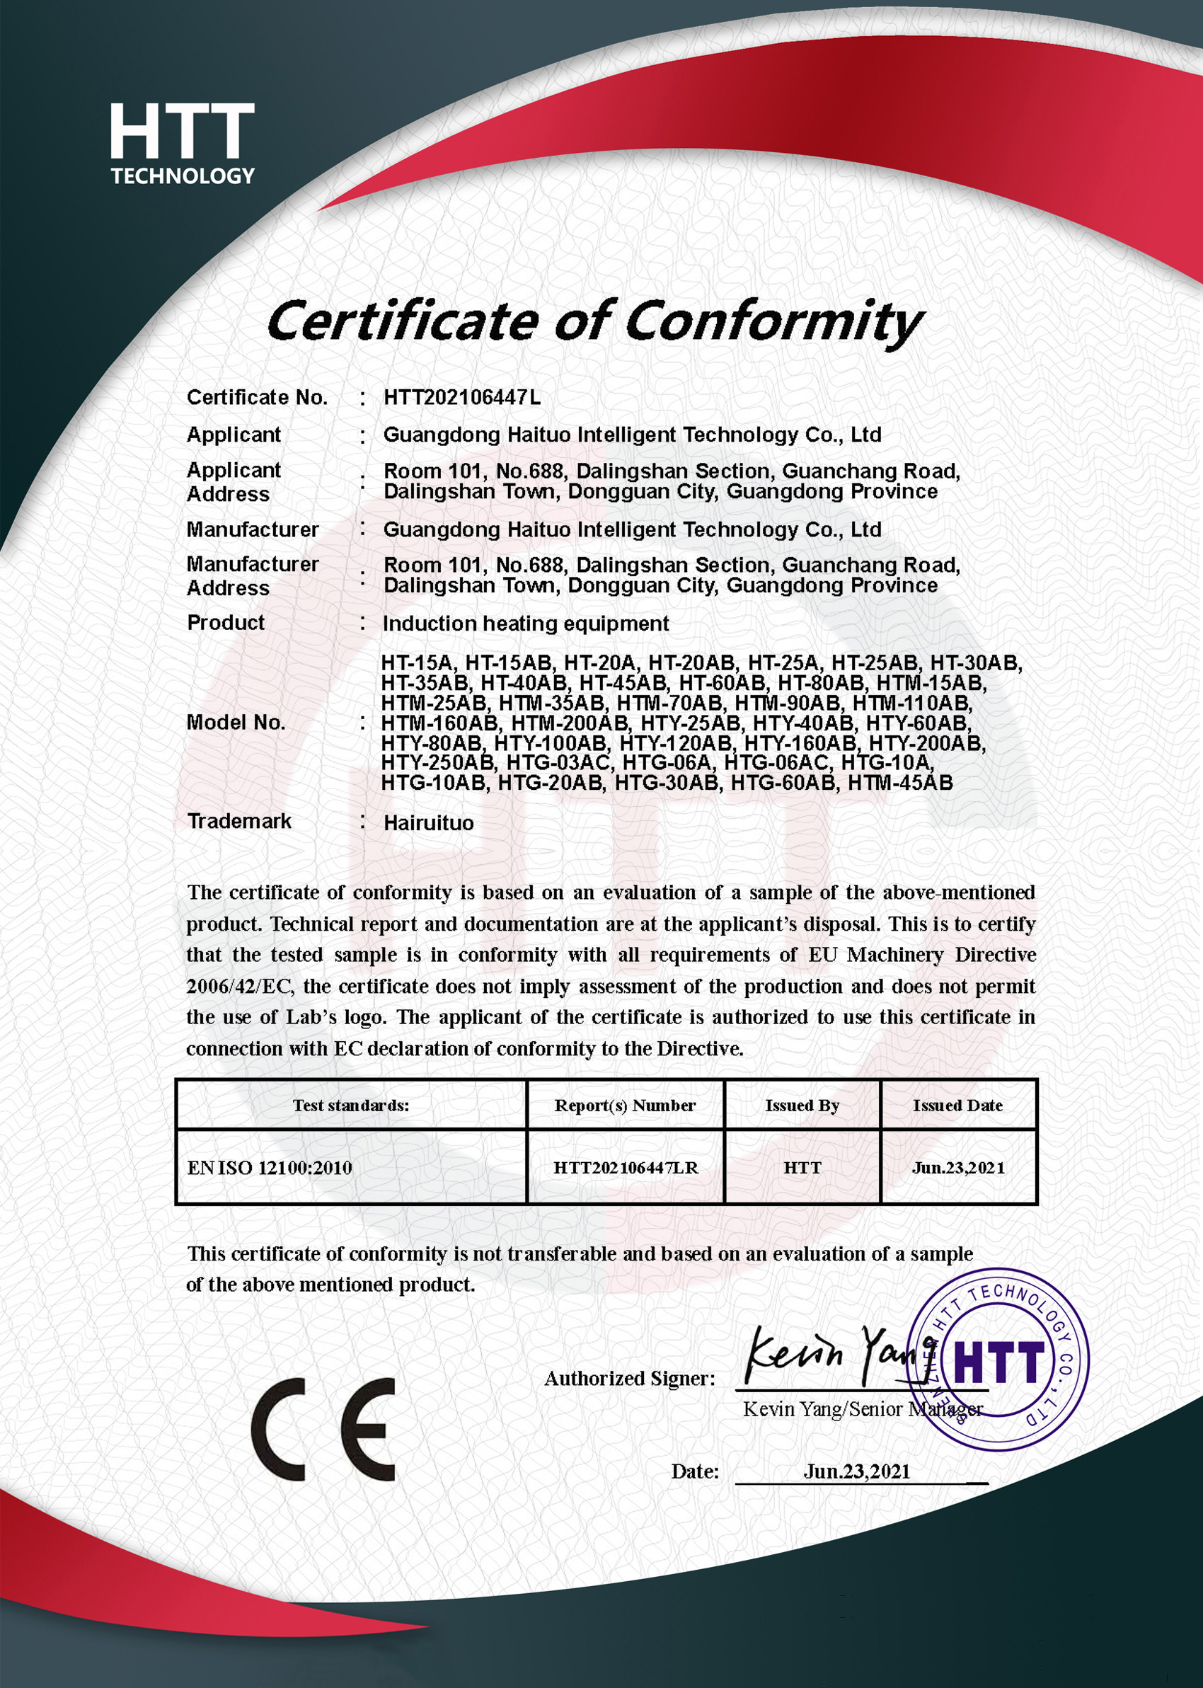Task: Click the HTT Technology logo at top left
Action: click(x=183, y=144)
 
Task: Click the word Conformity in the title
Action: click(x=773, y=322)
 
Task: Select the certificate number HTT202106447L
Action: click(x=461, y=398)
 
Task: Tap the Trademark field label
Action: click(x=238, y=822)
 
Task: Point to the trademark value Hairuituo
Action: click(x=428, y=824)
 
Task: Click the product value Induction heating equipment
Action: click(x=525, y=624)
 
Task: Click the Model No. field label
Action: click(x=236, y=723)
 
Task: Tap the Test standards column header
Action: click(x=350, y=1106)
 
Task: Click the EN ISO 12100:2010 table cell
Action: click(x=270, y=1168)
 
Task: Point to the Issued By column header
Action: click(x=802, y=1106)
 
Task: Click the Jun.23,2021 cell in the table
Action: click(x=958, y=1168)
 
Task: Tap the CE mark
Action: click(x=323, y=1429)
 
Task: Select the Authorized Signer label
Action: click(x=630, y=1379)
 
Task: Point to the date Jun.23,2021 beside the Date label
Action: click(x=856, y=1471)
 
